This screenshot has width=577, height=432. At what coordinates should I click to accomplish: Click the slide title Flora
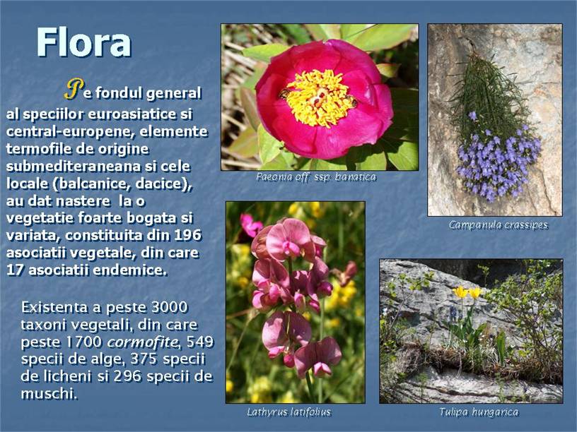[83, 42]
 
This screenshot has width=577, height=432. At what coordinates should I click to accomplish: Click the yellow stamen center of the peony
[319, 98]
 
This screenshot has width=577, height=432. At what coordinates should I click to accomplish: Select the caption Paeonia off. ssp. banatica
[316, 177]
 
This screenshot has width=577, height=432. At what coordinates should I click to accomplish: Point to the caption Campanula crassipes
[499, 224]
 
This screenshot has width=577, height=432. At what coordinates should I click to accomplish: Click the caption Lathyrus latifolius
[289, 412]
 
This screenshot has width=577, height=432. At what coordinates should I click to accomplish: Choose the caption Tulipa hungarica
[479, 412]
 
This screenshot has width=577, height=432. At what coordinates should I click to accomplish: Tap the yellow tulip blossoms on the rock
[467, 292]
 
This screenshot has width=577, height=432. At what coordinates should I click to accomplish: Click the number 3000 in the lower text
[169, 307]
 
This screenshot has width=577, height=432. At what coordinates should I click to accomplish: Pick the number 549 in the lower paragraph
[200, 342]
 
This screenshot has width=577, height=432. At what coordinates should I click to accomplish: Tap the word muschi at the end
[49, 394]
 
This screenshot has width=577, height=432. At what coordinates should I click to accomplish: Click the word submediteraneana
[74, 167]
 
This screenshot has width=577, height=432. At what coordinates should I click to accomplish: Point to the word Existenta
[54, 307]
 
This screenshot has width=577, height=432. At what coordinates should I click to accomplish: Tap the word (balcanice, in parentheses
[92, 184]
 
